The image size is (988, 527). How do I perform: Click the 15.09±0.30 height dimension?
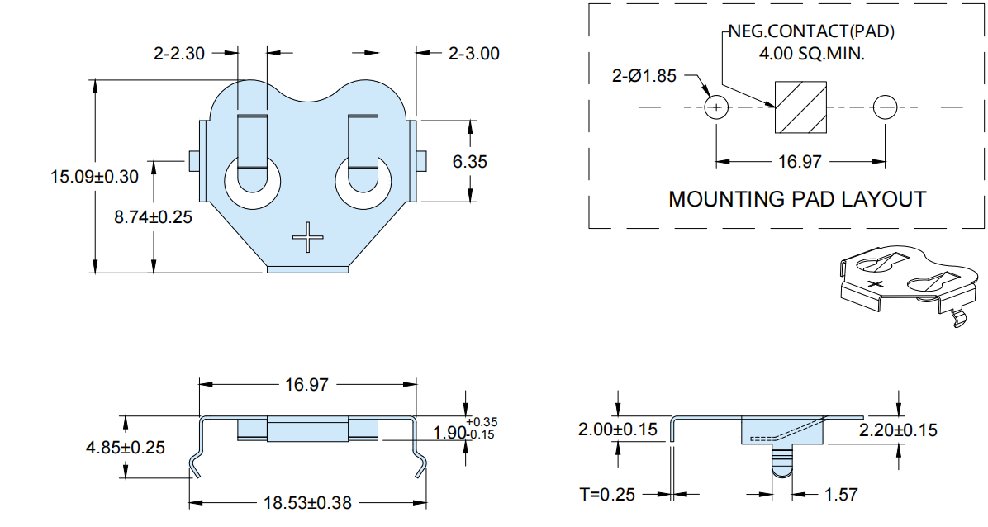click(94, 177)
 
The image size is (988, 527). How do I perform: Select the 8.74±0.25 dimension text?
click(153, 217)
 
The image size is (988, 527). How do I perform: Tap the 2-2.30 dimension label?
click(179, 54)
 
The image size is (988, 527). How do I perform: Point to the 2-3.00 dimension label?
click(474, 54)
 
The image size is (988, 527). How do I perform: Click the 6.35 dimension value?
click(469, 162)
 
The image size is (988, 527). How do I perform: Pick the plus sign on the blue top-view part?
click(308, 237)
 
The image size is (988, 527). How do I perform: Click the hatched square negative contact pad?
click(800, 107)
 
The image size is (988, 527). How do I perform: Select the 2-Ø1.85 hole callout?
click(644, 76)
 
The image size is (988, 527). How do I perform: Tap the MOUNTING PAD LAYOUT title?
click(797, 199)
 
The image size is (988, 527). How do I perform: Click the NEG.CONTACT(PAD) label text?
click(811, 31)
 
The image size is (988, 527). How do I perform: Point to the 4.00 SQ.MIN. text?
click(811, 54)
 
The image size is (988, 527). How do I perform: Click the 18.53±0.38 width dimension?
click(307, 503)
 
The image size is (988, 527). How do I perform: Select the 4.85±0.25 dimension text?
click(126, 448)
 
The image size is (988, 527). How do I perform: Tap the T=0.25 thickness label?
click(607, 494)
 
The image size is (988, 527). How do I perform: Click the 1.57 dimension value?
click(841, 494)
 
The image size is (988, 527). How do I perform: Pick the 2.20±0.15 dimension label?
click(898, 430)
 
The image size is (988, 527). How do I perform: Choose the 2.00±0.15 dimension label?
click(618, 430)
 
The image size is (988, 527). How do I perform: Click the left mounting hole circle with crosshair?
click(716, 107)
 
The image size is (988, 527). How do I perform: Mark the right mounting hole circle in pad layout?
click(885, 107)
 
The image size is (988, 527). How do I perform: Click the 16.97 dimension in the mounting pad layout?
click(800, 162)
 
